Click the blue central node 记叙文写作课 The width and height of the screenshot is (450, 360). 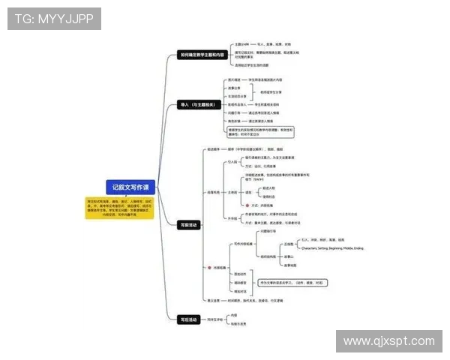pos(130,187)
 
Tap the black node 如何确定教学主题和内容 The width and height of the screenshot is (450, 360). pos(202,55)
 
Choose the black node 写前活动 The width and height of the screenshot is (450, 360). pos(190,224)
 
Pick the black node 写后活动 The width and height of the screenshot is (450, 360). pos(190,319)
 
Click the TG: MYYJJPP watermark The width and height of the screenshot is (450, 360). pos(54,19)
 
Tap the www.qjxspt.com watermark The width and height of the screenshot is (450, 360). pos(388,341)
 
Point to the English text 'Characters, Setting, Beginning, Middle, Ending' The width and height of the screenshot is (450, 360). pos(331,247)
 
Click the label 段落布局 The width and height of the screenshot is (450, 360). pos(214,192)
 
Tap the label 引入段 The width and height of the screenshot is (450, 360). pos(232,161)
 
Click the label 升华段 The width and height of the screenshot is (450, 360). pos(232,218)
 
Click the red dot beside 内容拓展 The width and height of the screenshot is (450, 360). pos(208,267)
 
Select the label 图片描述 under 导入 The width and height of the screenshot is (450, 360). pos(234,79)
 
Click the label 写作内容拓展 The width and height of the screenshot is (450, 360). pos(241,244)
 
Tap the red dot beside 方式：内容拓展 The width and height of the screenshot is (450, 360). pos(247,205)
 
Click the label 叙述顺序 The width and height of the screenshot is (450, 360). pos(216,148)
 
